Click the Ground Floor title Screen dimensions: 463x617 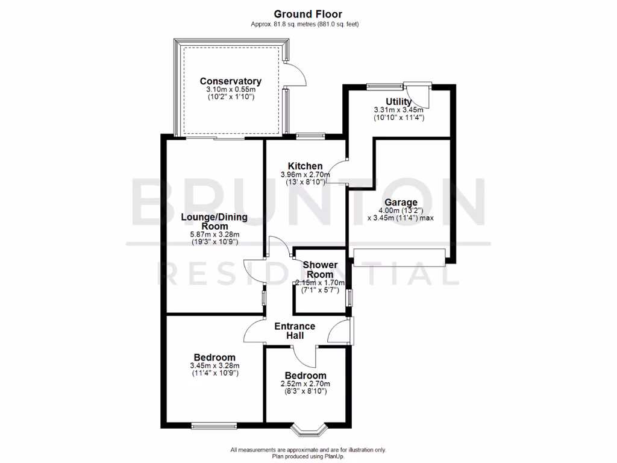click(308, 14)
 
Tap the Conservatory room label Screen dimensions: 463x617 click(230, 81)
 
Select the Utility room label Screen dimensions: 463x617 click(398, 102)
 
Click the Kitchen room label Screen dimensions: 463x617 click(305, 166)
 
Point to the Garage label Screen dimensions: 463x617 click(398, 203)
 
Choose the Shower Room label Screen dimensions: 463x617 click(319, 269)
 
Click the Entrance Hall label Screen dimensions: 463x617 click(295, 331)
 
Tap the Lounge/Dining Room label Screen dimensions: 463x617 click(213, 221)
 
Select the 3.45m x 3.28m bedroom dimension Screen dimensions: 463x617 click(214, 365)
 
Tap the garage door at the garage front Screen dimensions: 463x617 click(400, 257)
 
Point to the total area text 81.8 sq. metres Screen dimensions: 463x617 click(308, 24)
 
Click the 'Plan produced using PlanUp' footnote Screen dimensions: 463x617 click(308, 456)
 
